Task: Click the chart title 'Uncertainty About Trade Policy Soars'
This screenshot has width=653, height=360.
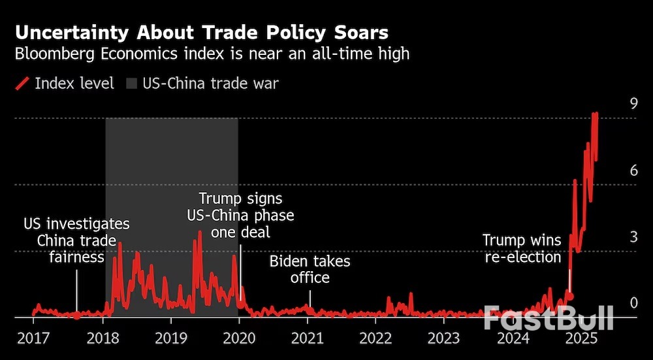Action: [x=202, y=33]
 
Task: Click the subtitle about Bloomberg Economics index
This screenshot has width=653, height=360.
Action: [x=212, y=54]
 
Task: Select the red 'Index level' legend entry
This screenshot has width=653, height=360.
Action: [x=65, y=84]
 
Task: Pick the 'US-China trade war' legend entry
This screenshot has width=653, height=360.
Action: [x=203, y=84]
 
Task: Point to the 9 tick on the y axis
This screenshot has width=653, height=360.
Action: [x=633, y=103]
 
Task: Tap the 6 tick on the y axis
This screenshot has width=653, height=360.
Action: [x=633, y=171]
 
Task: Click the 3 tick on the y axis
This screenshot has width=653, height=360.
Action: [x=633, y=237]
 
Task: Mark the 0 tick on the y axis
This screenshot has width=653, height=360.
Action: [x=633, y=303]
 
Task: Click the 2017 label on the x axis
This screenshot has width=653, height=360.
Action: [x=33, y=338]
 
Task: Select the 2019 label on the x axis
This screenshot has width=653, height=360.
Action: [x=170, y=338]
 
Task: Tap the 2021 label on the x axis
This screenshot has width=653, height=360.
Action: [x=307, y=338]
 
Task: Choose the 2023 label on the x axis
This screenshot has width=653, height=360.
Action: [x=444, y=338]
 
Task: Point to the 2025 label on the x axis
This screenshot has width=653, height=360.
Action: [x=581, y=338]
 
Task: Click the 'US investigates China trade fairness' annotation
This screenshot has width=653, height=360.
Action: [x=76, y=240]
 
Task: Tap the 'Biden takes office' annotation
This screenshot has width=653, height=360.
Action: [x=310, y=269]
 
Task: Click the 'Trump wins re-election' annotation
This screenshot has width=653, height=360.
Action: [x=522, y=248]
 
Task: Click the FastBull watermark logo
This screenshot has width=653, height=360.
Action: [x=549, y=318]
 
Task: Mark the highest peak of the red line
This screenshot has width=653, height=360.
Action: [x=595, y=114]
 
